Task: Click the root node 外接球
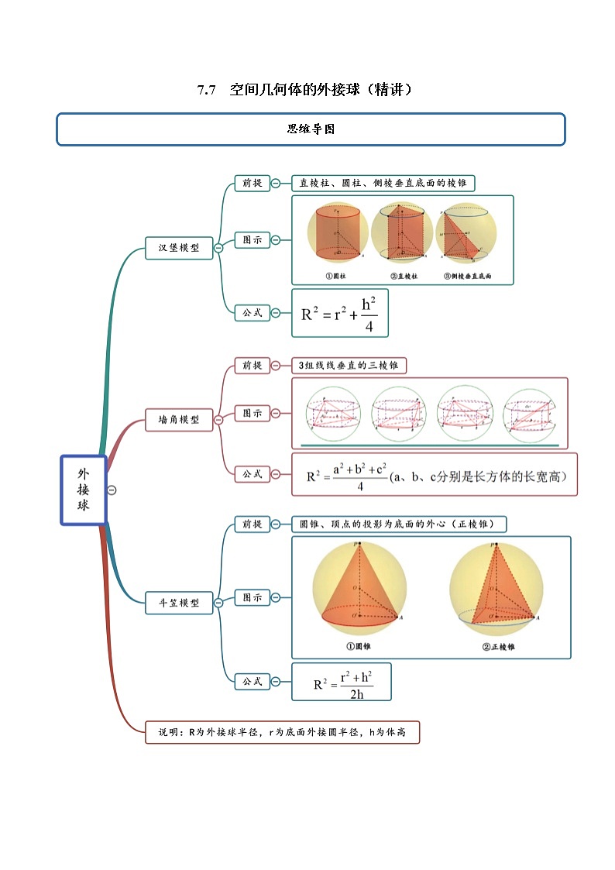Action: click(x=83, y=490)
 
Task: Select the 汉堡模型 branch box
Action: click(x=179, y=248)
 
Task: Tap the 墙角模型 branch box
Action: click(x=179, y=419)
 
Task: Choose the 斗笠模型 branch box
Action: click(x=179, y=602)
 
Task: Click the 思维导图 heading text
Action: click(x=311, y=129)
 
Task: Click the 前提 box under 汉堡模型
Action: click(x=252, y=183)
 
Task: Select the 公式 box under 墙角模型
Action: click(x=252, y=473)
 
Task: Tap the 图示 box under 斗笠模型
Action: click(x=252, y=597)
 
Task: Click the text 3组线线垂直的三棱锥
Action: click(x=349, y=366)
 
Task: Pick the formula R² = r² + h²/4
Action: click(x=339, y=314)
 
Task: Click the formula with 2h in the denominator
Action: click(x=342, y=683)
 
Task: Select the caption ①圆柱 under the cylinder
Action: click(x=338, y=277)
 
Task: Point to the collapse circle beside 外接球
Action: click(x=112, y=490)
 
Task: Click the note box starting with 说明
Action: click(x=282, y=732)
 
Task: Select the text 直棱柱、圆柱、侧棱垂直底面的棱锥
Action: click(x=383, y=183)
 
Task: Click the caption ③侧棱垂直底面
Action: click(x=467, y=277)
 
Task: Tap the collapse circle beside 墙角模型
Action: click(x=218, y=419)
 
